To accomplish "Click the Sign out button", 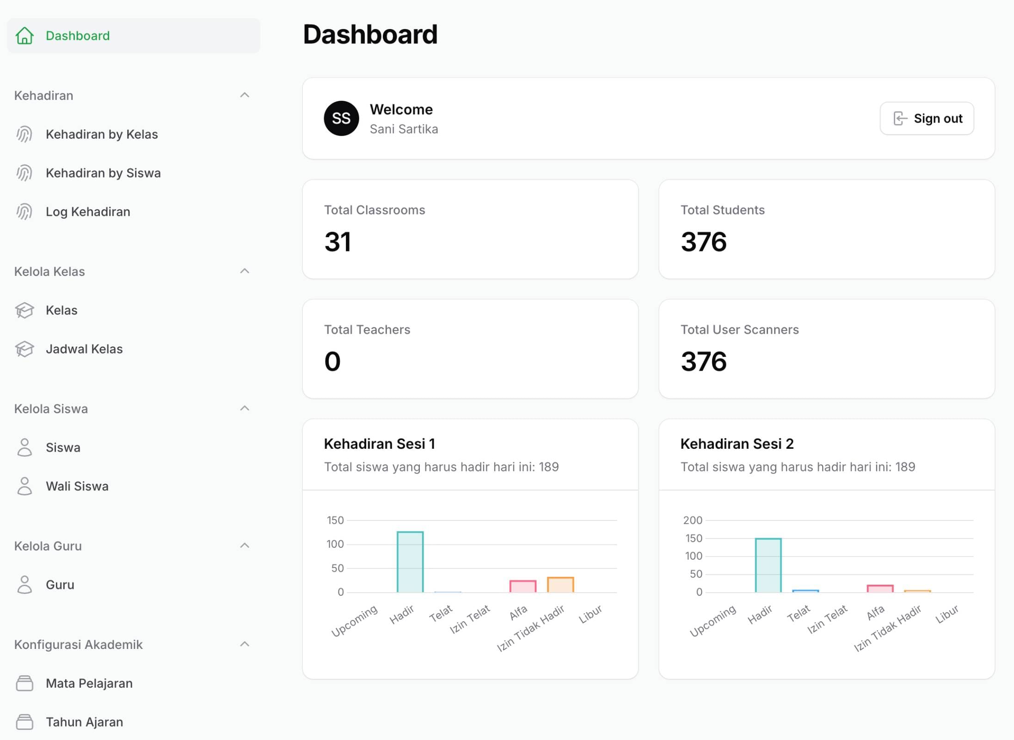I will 927,118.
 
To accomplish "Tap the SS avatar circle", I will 341,118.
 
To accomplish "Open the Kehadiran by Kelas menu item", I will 101,135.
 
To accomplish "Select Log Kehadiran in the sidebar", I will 88,212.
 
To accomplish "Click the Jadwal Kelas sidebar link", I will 84,349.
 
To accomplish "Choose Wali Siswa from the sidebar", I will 77,486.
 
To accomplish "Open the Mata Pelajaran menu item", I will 89,683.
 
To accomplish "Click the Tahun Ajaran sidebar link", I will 84,722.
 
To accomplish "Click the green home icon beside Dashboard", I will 25,36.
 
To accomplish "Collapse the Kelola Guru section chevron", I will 245,546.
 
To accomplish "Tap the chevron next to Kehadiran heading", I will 245,95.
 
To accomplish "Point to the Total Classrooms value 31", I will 338,242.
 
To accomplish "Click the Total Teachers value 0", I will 332,361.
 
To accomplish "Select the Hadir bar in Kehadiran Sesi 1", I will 410,562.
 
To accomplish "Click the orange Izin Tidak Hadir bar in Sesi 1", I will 560,585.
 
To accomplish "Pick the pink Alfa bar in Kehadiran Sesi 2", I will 880,588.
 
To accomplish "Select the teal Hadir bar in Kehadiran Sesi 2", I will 768,565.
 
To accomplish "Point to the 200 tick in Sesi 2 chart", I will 693,520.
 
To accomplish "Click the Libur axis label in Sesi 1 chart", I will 590,614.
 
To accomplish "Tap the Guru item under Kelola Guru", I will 60,585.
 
